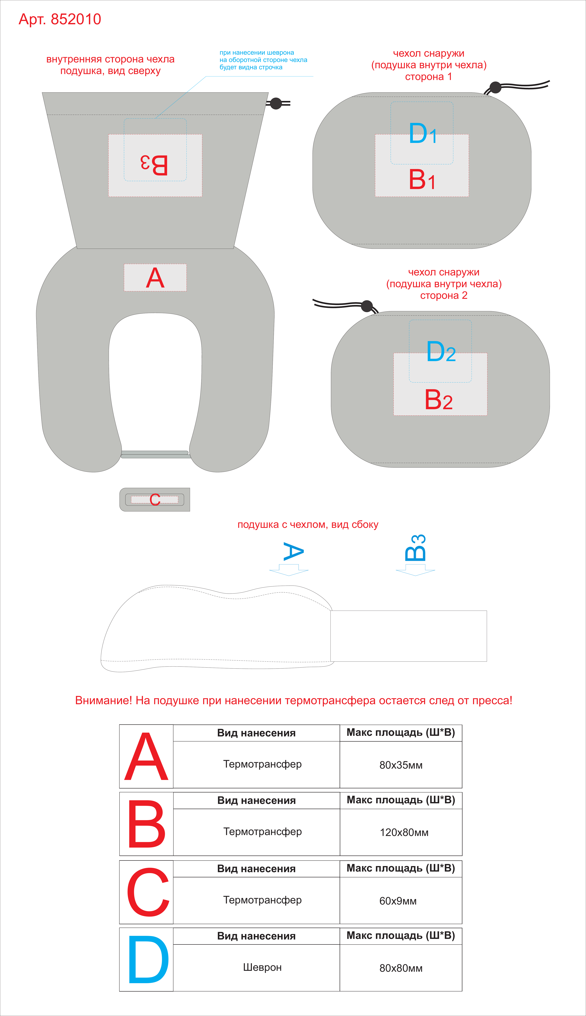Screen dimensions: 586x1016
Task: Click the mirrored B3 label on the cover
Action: coord(154,165)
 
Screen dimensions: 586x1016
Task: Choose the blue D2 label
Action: coord(441,351)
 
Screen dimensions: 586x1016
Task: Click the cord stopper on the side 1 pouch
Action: coord(495,87)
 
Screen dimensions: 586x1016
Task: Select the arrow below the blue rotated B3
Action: coord(415,570)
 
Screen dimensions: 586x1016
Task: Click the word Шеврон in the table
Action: coord(262,967)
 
